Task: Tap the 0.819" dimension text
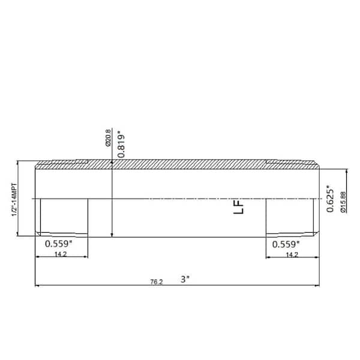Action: pos(122,143)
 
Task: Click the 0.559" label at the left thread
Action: pos(59,244)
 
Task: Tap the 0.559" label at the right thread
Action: pos(286,244)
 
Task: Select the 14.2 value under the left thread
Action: pos(60,254)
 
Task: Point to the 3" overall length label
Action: pos(185,279)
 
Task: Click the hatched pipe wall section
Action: pos(180,164)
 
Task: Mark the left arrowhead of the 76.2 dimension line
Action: pos(38,285)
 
